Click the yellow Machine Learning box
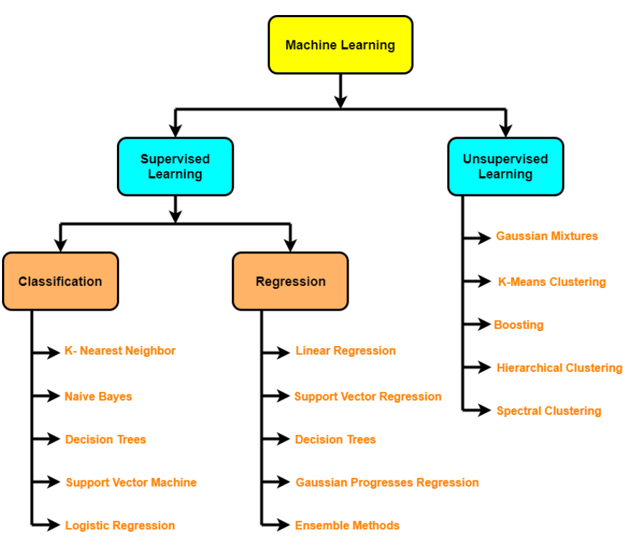(x=340, y=45)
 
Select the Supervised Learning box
(x=175, y=167)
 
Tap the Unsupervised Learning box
(x=505, y=167)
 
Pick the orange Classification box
(x=60, y=281)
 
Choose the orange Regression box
(x=291, y=281)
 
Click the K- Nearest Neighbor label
(x=120, y=351)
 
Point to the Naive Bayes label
(x=98, y=397)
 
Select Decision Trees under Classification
(x=105, y=440)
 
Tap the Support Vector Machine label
(x=131, y=483)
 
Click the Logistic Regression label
(x=120, y=526)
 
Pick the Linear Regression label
(x=345, y=351)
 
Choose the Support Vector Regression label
(x=368, y=397)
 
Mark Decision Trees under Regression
(x=335, y=440)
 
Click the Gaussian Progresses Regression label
(x=387, y=483)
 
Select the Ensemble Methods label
(x=347, y=526)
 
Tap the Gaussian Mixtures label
(x=547, y=236)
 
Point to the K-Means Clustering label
(x=552, y=282)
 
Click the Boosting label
(x=519, y=325)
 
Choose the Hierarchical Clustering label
(x=559, y=368)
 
